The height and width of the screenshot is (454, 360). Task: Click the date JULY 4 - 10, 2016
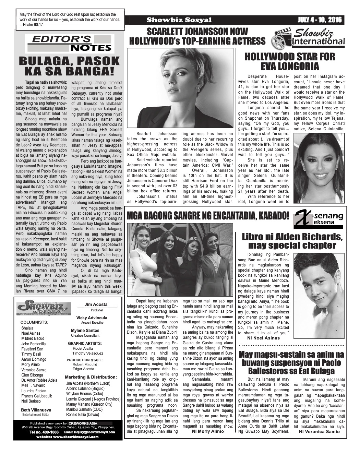[320, 20]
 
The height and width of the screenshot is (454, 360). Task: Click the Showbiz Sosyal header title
[179, 20]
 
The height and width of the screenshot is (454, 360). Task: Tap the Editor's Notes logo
[71, 43]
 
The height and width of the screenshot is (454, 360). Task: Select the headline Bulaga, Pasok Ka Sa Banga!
[69, 66]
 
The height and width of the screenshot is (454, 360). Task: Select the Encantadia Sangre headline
[208, 216]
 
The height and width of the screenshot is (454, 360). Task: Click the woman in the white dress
[144, 261]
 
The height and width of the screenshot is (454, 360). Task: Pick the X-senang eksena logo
[319, 219]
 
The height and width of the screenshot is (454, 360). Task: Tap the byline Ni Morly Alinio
[208, 431]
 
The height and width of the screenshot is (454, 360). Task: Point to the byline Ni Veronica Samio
[319, 431]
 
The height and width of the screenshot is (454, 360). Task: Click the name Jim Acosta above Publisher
[96, 304]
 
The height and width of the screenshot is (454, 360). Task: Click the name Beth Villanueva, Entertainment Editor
[36, 410]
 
